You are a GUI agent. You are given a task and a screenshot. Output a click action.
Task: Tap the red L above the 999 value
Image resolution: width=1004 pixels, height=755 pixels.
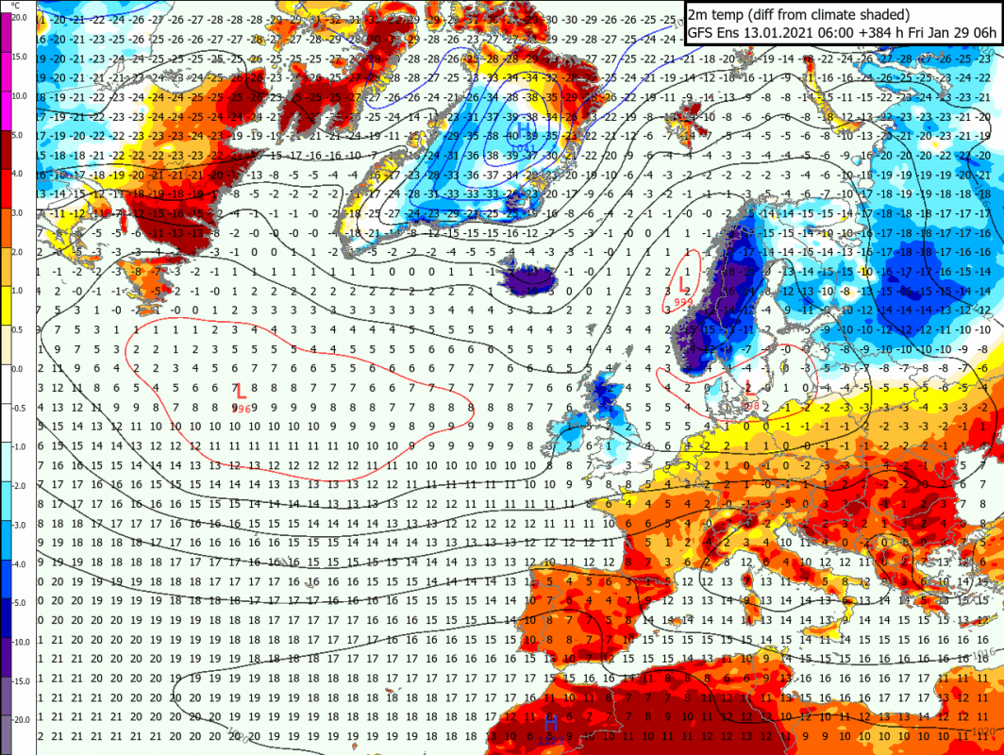point(684,282)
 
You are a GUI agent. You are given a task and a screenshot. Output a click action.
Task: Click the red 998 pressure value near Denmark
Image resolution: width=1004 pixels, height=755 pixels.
point(752,404)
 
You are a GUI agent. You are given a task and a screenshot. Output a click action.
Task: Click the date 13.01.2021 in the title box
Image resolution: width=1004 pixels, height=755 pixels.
point(775,33)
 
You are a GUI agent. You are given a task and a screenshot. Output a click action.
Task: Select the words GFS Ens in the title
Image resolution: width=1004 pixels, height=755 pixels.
point(713,33)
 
